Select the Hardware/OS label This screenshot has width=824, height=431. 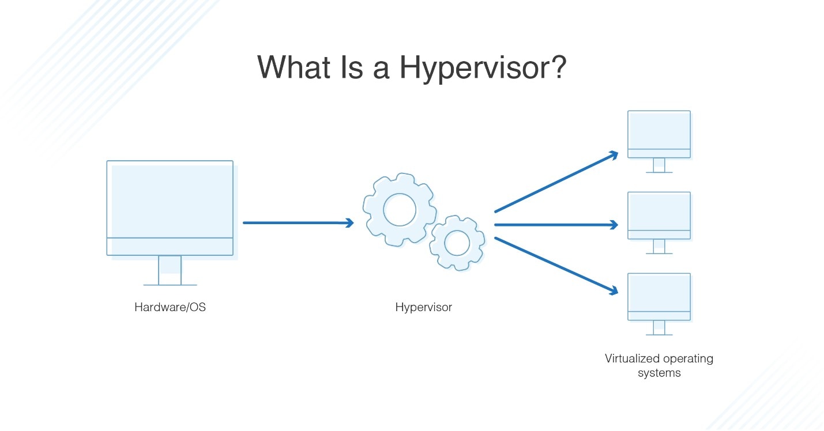point(170,307)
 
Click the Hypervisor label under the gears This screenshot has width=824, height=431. point(423,307)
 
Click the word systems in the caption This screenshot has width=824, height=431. point(659,373)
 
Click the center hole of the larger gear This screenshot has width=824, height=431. point(399,209)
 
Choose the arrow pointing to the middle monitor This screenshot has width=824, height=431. point(556,225)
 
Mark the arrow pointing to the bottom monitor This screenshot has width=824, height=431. point(556,266)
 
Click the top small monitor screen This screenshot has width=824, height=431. point(659,131)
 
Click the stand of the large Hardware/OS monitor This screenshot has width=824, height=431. point(170,270)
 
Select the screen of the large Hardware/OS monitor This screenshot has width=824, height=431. point(170,199)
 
